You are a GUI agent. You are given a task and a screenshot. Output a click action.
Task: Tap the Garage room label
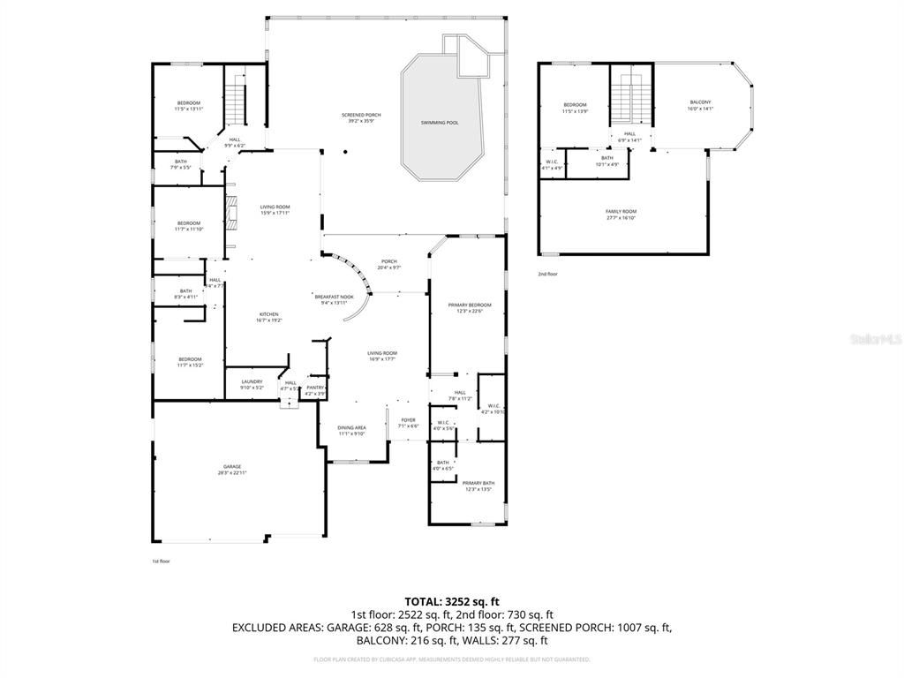pos(231,467)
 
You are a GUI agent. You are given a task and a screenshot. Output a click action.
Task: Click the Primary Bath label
pos(478,483)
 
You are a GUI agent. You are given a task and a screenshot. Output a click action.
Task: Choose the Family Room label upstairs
pos(621,211)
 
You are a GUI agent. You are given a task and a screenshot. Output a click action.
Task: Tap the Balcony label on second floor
pos(700,102)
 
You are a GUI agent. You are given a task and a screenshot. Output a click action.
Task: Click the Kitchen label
pos(268,314)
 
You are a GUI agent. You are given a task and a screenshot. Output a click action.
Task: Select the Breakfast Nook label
pos(334,297)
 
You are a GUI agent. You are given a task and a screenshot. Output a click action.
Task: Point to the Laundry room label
pos(252,381)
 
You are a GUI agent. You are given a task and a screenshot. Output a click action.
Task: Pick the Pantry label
pos(314,387)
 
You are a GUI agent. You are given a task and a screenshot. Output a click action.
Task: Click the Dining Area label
pos(351,427)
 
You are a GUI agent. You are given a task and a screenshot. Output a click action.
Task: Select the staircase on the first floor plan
pos(235,102)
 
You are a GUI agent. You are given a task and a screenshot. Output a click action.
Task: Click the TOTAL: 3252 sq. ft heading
pos(451,600)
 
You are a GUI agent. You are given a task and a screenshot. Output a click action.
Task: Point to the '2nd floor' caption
pos(547,274)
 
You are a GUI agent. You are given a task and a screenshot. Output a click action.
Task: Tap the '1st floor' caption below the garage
pos(161,561)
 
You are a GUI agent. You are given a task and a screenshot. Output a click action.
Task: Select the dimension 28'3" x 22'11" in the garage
pos(231,474)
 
